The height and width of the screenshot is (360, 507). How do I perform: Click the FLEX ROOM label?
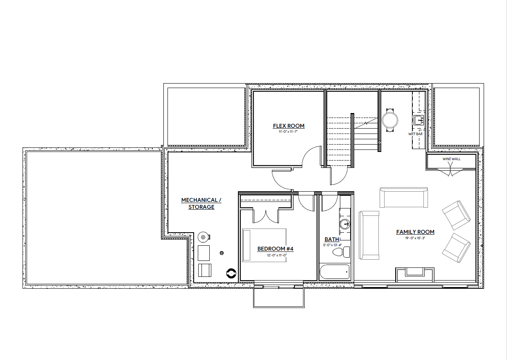click(289, 126)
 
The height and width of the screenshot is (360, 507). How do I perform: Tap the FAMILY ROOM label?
click(415, 232)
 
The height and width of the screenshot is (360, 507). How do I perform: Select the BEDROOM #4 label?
click(275, 249)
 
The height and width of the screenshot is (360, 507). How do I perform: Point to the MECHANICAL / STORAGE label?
click(201, 204)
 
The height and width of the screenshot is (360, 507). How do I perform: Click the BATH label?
click(332, 239)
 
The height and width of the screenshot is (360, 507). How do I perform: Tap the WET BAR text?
click(415, 134)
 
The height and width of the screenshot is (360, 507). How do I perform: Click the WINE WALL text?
click(451, 159)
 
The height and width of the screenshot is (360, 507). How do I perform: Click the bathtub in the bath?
click(335, 271)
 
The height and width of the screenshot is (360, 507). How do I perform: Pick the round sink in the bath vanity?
click(345, 224)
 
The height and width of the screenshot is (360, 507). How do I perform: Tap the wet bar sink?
click(418, 120)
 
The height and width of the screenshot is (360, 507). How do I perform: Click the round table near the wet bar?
click(390, 120)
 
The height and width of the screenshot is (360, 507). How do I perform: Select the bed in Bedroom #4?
click(264, 245)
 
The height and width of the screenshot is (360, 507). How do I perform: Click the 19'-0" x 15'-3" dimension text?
click(415, 238)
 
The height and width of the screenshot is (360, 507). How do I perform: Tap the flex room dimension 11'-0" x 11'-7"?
click(289, 132)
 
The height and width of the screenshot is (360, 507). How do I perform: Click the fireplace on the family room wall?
click(414, 272)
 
